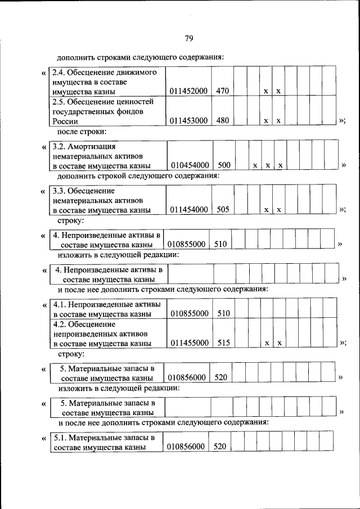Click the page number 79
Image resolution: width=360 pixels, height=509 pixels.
coord(188,38)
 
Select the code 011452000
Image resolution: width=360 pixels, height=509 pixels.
coord(189,91)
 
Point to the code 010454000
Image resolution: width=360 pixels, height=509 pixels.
coord(190,165)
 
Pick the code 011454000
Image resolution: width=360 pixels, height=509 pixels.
coord(189,210)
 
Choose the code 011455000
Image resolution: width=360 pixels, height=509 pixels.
coord(190,343)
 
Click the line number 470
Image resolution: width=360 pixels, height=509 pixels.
coord(222,91)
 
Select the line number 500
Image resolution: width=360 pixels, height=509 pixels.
coord(224,165)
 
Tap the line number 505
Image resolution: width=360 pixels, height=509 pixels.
coord(223,210)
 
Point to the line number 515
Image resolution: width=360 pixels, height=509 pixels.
coord(223,343)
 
